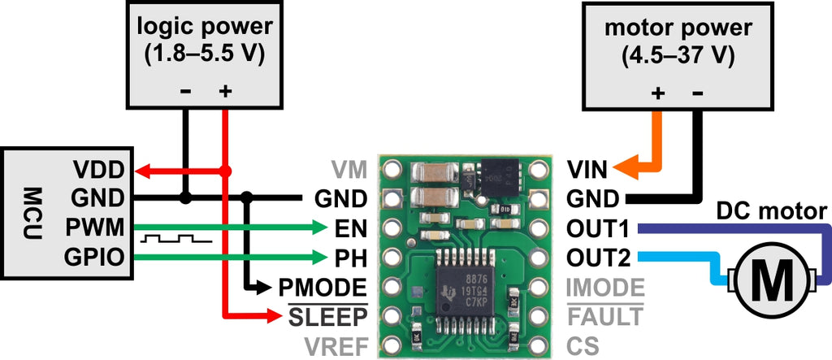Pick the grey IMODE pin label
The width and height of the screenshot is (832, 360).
coord(605,287)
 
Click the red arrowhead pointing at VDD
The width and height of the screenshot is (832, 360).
coord(144,171)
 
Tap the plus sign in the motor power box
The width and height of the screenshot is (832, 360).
coord(658,94)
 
